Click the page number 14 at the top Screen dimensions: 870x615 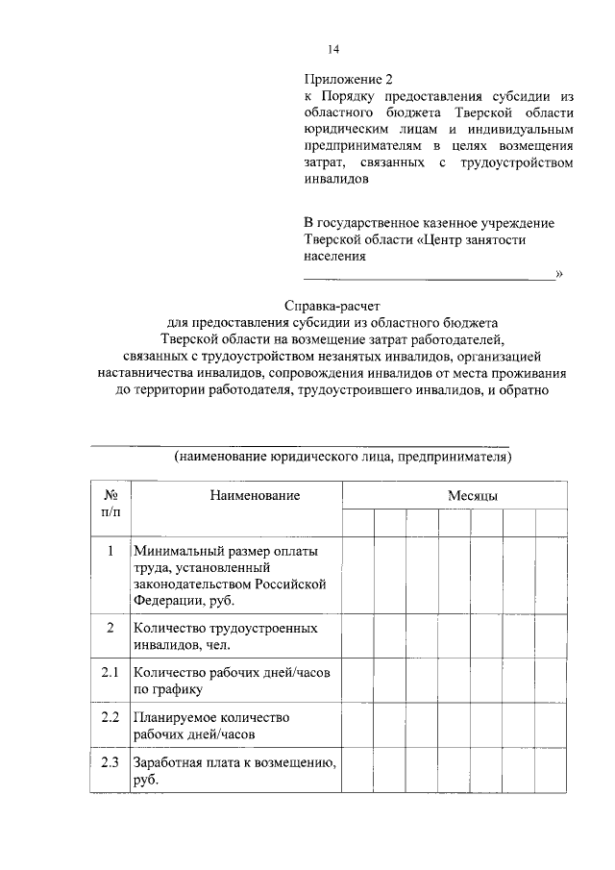334,50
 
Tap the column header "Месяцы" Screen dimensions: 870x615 471,494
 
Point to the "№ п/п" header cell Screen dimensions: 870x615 111,502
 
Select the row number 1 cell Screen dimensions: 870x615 111,551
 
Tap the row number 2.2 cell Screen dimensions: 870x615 111,717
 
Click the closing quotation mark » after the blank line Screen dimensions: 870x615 558,275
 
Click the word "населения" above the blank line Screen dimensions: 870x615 334,257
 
